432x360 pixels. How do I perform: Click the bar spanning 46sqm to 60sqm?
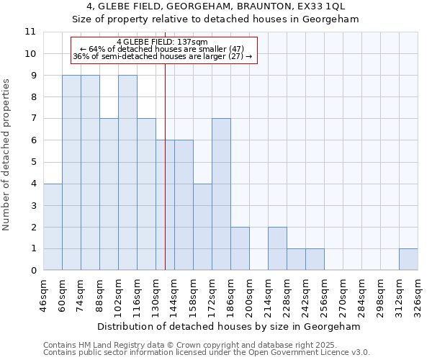(x=53, y=227)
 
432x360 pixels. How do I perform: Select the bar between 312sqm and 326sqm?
(x=408, y=259)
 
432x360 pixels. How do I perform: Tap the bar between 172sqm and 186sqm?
(x=221, y=194)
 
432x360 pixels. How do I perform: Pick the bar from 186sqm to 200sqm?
(x=240, y=248)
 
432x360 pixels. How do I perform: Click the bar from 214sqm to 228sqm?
(x=277, y=248)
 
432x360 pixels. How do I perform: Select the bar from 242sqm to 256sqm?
(x=315, y=259)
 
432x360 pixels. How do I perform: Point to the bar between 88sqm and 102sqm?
(x=109, y=194)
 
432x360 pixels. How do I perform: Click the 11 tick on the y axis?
(x=30, y=32)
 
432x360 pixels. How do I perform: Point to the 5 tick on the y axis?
(x=32, y=162)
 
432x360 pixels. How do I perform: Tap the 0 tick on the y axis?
(x=32, y=271)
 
